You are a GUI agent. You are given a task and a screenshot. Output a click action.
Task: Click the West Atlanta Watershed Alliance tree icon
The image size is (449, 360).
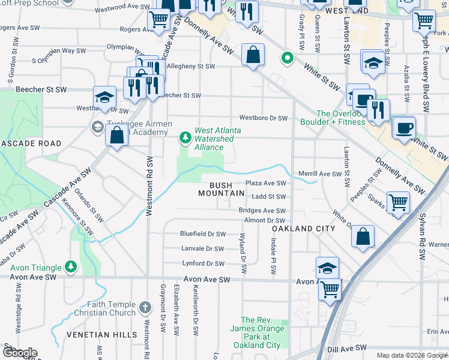coord(185,138)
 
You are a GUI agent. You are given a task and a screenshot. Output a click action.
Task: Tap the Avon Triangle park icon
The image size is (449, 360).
coord(71,266)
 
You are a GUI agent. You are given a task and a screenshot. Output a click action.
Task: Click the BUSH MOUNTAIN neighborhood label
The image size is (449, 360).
coord(222,189)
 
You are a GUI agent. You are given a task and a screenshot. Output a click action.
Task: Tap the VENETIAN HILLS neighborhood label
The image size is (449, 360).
coord(29,334)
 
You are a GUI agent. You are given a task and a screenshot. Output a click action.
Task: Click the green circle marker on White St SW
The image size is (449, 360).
coord(288,59)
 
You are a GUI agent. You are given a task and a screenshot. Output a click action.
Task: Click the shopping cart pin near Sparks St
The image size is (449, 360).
coord(398,203)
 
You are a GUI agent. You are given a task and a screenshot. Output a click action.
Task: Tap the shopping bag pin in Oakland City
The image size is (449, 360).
coord(363,236)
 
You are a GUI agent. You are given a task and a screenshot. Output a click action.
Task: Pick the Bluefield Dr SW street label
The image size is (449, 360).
coord(203,234)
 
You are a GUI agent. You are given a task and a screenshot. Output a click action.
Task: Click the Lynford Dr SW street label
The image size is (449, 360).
coord(203,263)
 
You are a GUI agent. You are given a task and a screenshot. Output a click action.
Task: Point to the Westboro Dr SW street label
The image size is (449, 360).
coord(264,118)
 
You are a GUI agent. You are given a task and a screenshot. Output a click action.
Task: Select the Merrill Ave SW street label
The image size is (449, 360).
coord(320,173)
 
